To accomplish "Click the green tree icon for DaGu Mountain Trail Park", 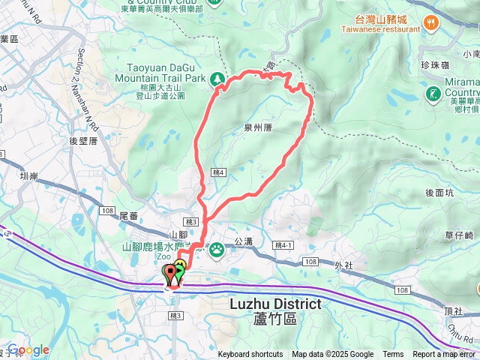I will (217, 78).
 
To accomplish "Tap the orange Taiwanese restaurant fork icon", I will (430, 23).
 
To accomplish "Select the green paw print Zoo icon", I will (217, 248).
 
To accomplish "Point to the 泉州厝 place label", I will (257, 127).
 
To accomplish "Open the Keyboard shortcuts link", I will (250, 355).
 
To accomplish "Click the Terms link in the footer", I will (393, 355).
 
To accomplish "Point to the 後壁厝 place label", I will (84, 139).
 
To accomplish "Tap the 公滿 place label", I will (243, 241).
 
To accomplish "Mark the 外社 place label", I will (343, 265).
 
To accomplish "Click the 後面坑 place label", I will (439, 193).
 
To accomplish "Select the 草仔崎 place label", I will (458, 235).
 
